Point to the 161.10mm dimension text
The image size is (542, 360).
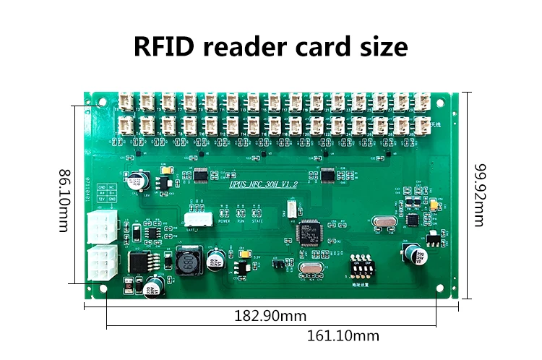pyautogui.click(x=343, y=335)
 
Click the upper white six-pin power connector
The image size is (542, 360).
pyautogui.click(x=100, y=228)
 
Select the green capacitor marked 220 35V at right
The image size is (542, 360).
pyautogui.click(x=418, y=254)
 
